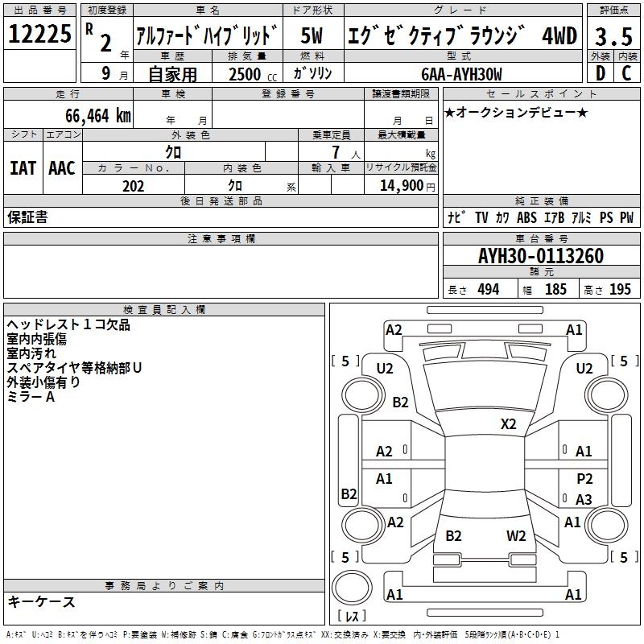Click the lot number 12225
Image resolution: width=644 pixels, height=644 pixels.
[x=39, y=35]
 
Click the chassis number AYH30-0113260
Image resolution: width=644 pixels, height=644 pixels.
[x=541, y=256]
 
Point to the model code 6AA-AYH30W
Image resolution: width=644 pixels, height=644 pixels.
[x=461, y=74]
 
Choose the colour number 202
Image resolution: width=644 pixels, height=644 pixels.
[x=133, y=186]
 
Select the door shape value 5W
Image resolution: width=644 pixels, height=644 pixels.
[x=313, y=36]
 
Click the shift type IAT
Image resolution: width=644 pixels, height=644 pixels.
[x=23, y=167]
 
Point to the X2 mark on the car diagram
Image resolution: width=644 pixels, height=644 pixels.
[x=509, y=423]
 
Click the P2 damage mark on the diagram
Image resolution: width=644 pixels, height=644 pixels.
[x=584, y=478]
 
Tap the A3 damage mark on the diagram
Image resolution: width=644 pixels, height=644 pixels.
[x=584, y=500]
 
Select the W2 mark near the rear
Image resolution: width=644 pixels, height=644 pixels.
[x=516, y=535]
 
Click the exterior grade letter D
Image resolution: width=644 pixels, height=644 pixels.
[x=599, y=74]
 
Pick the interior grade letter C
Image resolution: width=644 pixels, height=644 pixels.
[x=625, y=74]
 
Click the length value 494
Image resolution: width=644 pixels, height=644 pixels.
[x=488, y=290]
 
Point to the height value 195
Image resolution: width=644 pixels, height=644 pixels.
[x=620, y=290]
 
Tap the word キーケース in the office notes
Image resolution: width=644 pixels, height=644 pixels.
[x=42, y=601]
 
